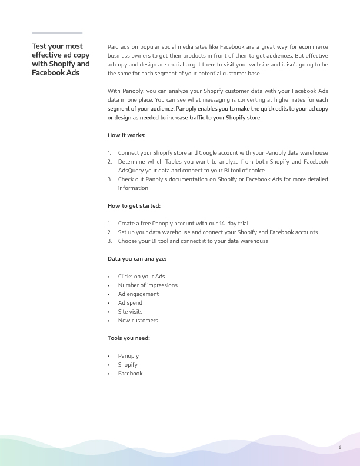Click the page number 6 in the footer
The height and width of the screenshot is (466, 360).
(x=340, y=448)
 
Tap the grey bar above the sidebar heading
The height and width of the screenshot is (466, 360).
(x=56, y=33)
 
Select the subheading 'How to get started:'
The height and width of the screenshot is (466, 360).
(x=134, y=206)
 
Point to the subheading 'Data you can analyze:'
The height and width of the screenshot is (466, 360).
(x=136, y=259)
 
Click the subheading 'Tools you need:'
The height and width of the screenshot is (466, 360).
(x=128, y=338)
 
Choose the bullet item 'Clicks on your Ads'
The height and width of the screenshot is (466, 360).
(x=141, y=277)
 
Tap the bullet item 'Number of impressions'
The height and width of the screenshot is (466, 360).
(x=148, y=285)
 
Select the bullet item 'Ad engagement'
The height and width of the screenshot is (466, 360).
(x=138, y=294)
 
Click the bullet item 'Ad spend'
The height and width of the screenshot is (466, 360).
(x=129, y=303)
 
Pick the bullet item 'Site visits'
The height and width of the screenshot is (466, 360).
(x=130, y=312)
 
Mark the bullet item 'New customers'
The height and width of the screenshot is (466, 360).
(x=138, y=321)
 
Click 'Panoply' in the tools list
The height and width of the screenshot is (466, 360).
(x=128, y=356)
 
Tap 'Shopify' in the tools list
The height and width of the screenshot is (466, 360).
(x=128, y=365)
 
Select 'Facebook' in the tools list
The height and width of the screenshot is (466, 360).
(x=130, y=374)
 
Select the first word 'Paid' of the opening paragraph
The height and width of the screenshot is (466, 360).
(x=114, y=46)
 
